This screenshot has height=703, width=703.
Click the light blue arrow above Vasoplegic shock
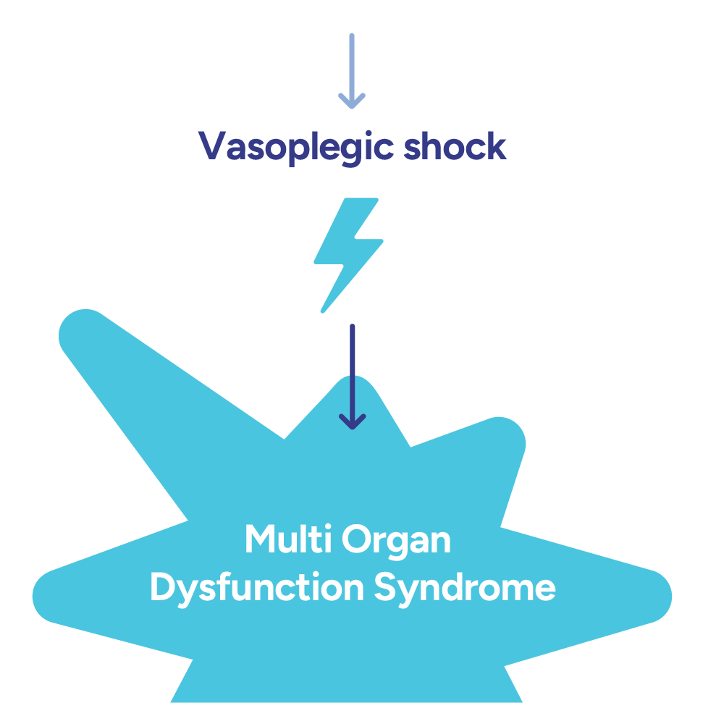pos(352,69)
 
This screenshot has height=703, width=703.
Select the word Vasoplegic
pos(297,148)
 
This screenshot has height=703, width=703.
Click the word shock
pos(454,147)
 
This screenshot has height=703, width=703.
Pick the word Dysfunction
pos(256,588)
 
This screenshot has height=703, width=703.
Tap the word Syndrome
pos(464,588)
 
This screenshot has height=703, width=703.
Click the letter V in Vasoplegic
pos(211,147)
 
